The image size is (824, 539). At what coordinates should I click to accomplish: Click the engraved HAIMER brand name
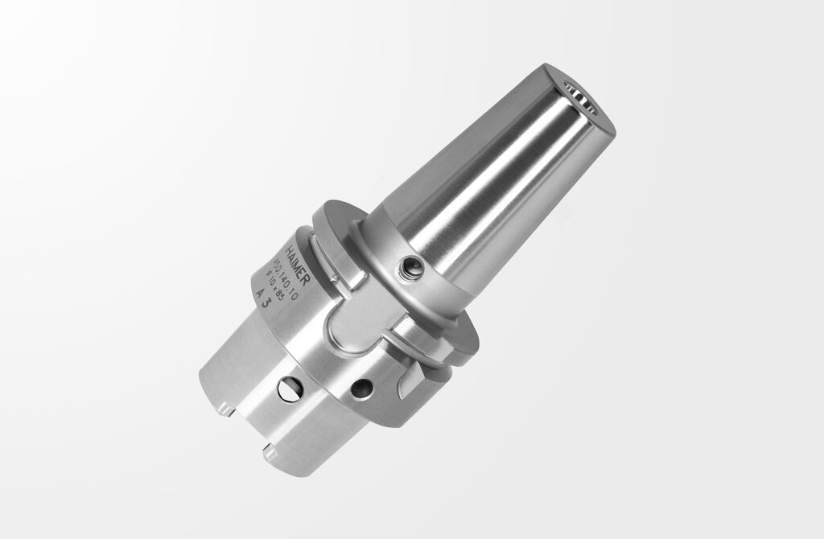(298, 257)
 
